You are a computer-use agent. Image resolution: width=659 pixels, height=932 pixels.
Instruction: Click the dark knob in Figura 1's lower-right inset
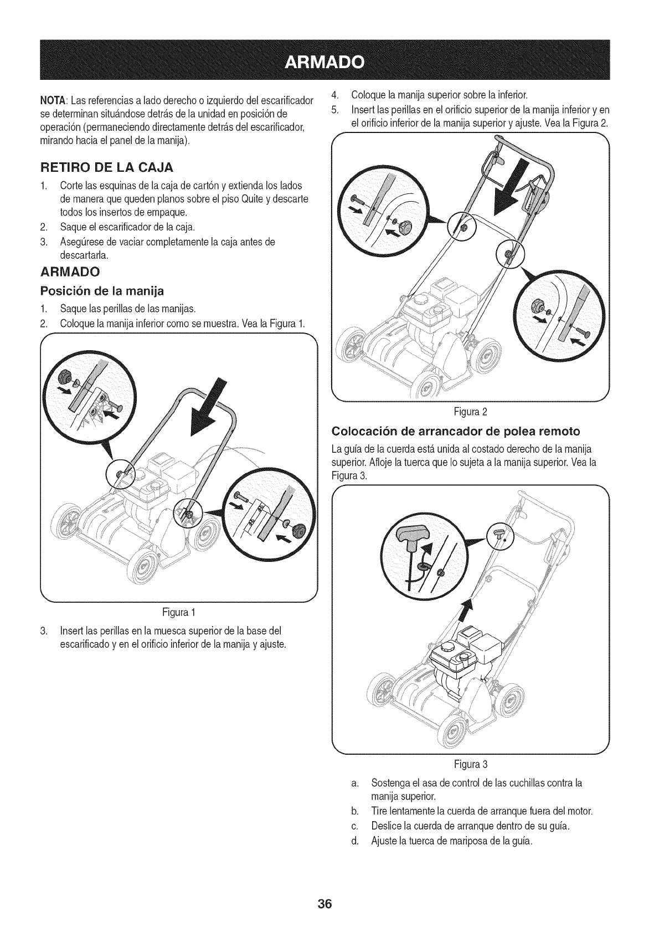point(301,529)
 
